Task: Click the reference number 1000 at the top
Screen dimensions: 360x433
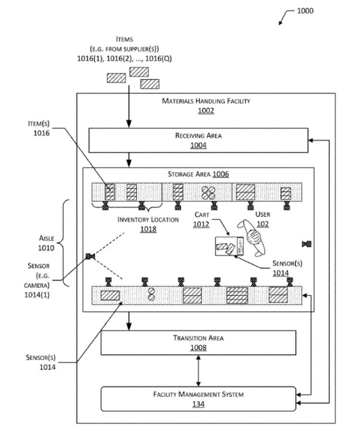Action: coord(305,11)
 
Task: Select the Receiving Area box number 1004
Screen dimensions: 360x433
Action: coord(198,145)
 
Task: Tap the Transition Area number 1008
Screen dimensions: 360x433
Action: coord(198,348)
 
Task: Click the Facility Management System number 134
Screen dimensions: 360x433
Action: coord(198,404)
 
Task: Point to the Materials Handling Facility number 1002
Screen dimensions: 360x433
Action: coord(206,111)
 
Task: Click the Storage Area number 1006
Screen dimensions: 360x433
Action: coord(221,174)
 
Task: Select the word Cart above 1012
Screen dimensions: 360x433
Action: coord(202,214)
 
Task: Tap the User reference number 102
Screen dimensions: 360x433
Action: coord(263,224)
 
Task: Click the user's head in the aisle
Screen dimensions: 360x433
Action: coord(254,237)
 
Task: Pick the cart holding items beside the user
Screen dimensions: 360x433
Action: coord(229,246)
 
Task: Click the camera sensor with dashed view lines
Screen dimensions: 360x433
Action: coord(91,257)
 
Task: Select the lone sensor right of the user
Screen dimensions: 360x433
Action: coord(307,244)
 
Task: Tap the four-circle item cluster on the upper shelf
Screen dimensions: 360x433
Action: coord(208,192)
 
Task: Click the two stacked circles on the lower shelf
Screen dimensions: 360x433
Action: coord(151,294)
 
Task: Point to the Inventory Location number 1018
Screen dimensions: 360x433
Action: coord(148,229)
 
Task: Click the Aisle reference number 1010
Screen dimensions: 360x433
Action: coord(46,248)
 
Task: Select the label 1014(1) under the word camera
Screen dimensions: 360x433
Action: coord(37,295)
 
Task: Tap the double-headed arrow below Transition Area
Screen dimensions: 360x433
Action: coord(198,371)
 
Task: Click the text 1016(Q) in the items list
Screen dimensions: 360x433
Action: coord(158,58)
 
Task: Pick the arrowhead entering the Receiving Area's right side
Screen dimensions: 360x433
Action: coord(311,140)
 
